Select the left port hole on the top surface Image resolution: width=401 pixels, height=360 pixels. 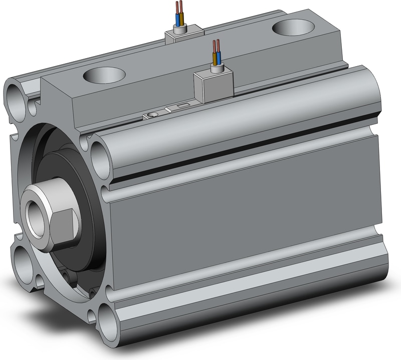(104, 75)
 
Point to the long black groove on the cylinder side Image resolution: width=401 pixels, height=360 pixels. (241, 150)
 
